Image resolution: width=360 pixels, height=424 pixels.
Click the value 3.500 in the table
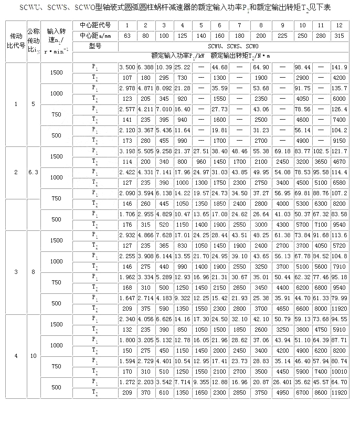click(x=127, y=68)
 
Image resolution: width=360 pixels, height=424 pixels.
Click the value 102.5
click(x=321, y=152)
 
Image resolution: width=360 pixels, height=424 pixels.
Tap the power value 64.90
click(x=260, y=68)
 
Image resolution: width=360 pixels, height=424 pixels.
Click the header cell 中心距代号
click(x=95, y=26)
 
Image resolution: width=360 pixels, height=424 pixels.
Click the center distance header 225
click(x=282, y=36)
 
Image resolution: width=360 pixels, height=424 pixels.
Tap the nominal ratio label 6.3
click(x=33, y=172)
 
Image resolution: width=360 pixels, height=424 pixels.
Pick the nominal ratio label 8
click(x=33, y=272)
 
